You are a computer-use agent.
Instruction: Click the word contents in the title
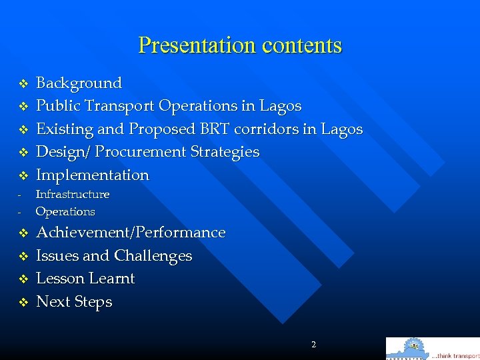(x=301, y=45)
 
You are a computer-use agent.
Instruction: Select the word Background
(x=79, y=83)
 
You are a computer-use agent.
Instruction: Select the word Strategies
(x=225, y=152)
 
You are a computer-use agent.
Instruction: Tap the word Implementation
(x=93, y=175)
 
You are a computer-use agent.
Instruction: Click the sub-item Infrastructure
(x=73, y=195)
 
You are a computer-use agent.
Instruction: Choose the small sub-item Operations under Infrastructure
(x=65, y=212)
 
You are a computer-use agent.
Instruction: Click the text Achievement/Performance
(x=131, y=233)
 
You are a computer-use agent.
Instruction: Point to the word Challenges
(x=153, y=256)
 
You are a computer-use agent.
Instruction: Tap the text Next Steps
(x=74, y=302)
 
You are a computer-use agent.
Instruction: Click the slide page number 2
(x=313, y=345)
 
